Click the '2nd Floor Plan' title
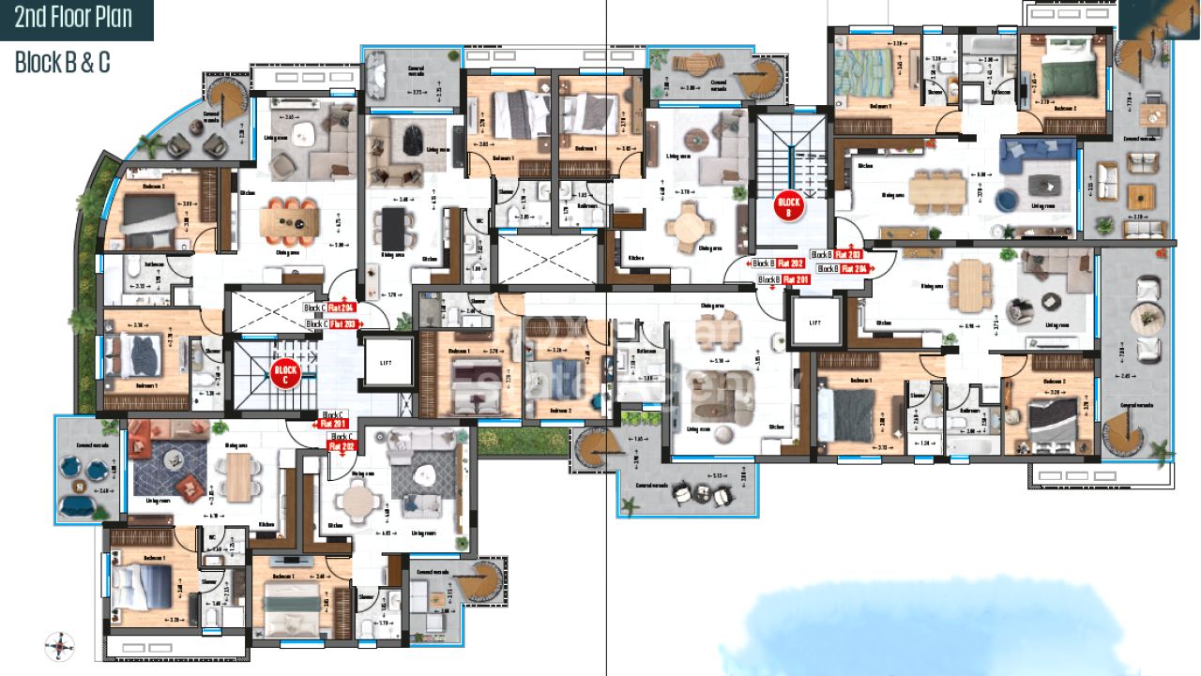[72, 18]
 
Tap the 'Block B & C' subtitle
[62, 62]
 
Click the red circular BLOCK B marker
[788, 205]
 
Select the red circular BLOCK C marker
[285, 375]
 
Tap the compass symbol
[59, 645]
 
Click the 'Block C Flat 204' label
[329, 308]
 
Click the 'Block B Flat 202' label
[778, 264]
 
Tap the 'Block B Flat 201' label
[783, 279]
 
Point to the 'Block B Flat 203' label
[837, 255]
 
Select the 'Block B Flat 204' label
[842, 269]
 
